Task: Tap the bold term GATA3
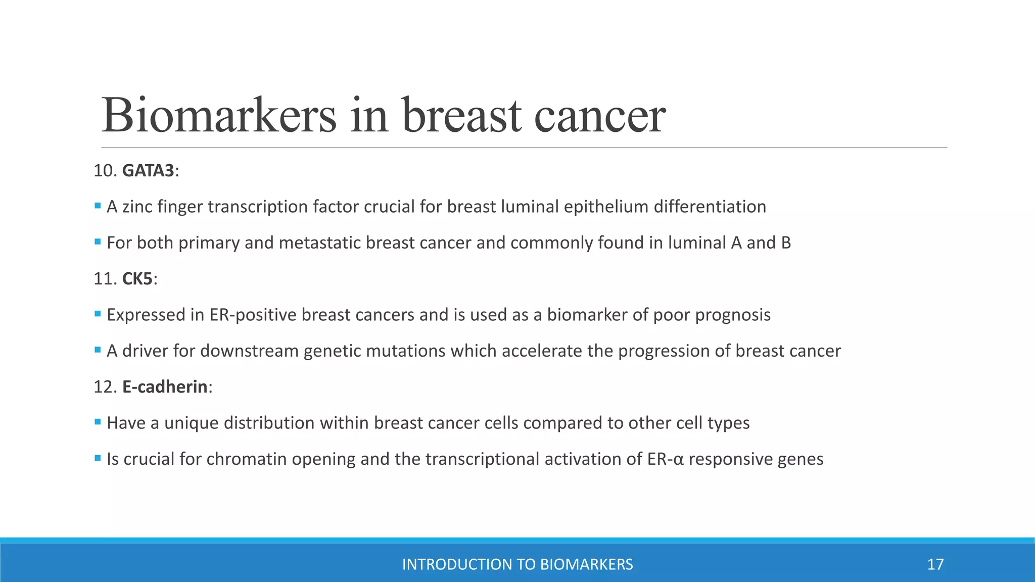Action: [148, 171]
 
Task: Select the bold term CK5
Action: [137, 279]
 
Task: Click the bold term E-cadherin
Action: [165, 387]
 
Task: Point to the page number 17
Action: [935, 564]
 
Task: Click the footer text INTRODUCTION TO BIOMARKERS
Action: [517, 564]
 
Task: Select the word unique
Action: [192, 423]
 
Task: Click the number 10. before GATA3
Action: [105, 171]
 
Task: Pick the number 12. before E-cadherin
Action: [105, 387]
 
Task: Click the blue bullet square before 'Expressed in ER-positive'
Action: [98, 314]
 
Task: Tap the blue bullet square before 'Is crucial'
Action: [98, 458]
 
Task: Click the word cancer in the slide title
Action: [600, 116]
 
